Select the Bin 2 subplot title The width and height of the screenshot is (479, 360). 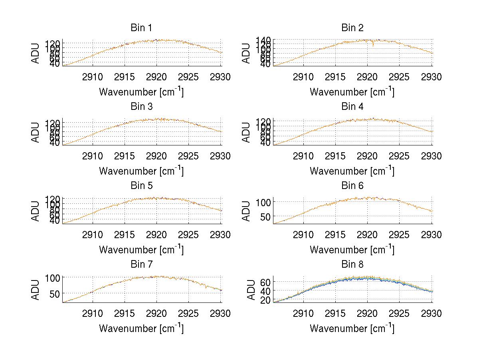click(x=352, y=28)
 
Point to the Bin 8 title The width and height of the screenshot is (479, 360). click(x=352, y=265)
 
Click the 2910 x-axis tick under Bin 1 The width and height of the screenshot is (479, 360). click(x=93, y=77)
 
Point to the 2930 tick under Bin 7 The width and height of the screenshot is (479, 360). click(x=221, y=314)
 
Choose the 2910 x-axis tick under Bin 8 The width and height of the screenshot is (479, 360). click(x=303, y=314)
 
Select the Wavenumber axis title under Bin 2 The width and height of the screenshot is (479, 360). click(x=352, y=91)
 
